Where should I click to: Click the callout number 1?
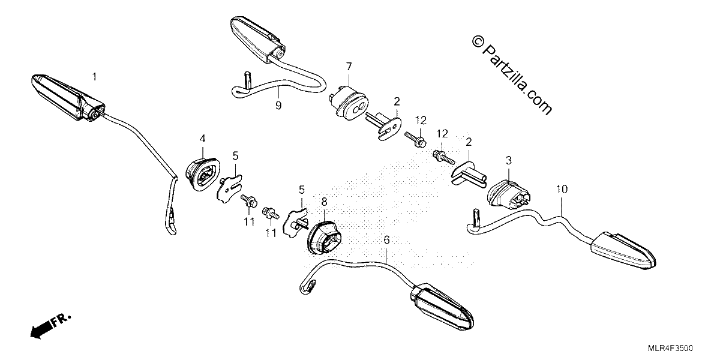94,77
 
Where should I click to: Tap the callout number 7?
349,67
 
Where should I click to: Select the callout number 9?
278,106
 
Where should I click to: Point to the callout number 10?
562,190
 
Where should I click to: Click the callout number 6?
386,240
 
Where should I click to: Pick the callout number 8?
324,202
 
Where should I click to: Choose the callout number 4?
202,139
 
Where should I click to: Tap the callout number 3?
509,160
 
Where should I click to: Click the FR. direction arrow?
50,326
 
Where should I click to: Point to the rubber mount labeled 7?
348,101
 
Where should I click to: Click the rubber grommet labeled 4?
203,173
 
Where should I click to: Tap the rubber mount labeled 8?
325,236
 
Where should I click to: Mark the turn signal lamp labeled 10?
623,250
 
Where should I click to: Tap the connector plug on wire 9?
247,80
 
